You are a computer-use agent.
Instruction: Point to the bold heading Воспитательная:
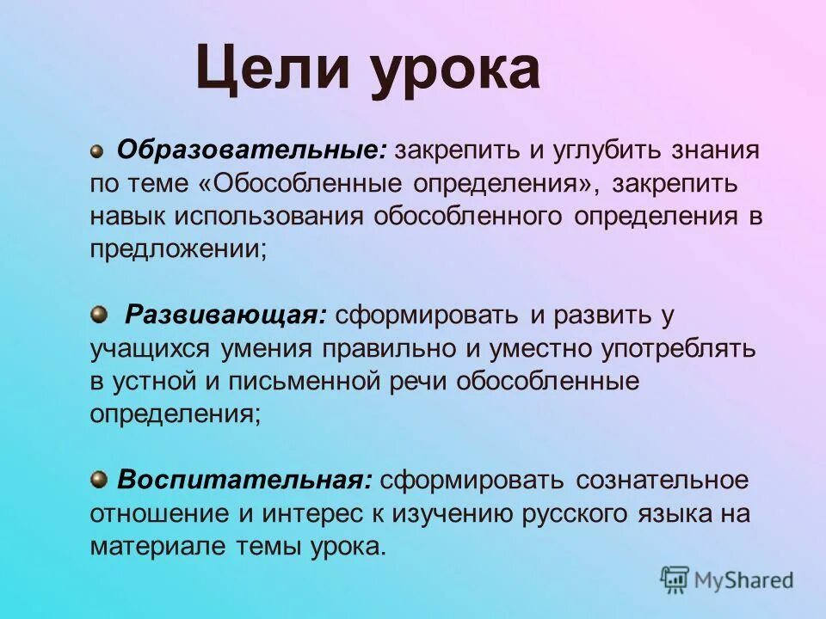pyautogui.click(x=244, y=480)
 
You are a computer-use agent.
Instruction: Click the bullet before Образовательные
pyautogui.click(x=97, y=150)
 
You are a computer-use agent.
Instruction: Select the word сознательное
pyautogui.click(x=663, y=480)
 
